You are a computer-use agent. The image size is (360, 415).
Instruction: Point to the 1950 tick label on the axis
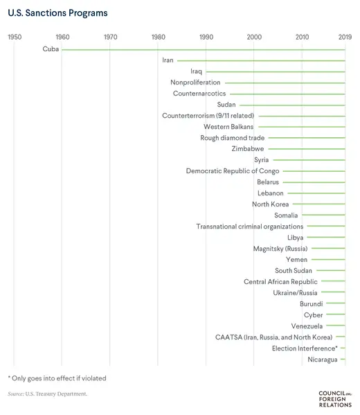(x=14, y=36)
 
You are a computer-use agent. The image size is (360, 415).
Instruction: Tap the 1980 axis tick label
(x=158, y=36)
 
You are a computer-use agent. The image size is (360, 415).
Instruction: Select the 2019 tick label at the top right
(x=344, y=36)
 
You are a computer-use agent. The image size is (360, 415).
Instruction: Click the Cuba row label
(x=51, y=49)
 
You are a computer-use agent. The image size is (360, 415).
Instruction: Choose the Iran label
(x=168, y=60)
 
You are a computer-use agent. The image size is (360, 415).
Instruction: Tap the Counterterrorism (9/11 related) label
(x=208, y=116)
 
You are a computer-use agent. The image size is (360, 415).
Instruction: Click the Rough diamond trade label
(x=223, y=138)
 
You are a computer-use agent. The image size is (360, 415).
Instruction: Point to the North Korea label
(x=270, y=204)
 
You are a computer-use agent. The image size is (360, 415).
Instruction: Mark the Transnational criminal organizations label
(x=249, y=227)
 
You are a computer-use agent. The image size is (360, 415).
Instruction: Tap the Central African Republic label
(x=280, y=282)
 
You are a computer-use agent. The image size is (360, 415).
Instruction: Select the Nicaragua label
(x=323, y=360)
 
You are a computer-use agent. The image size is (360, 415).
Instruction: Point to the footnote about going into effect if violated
(x=57, y=378)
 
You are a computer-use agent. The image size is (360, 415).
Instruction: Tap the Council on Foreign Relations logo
(x=335, y=398)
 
